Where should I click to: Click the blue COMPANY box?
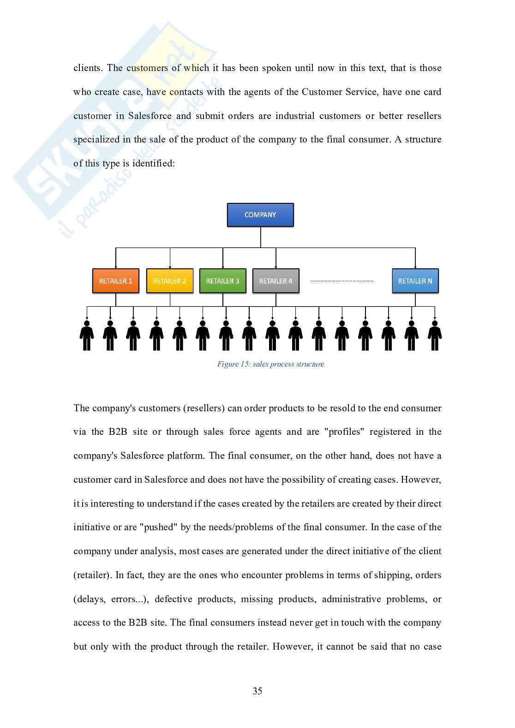260,215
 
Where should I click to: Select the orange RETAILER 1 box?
115,281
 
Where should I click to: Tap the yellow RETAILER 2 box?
169,281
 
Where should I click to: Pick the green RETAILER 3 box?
222,281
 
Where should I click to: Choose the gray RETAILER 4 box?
275,281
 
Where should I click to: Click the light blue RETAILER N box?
415,281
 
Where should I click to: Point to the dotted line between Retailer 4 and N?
342,281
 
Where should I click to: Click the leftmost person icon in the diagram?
87,336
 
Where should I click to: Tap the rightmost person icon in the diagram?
435,336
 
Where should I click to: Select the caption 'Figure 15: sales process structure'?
270,364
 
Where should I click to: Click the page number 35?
257,691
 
